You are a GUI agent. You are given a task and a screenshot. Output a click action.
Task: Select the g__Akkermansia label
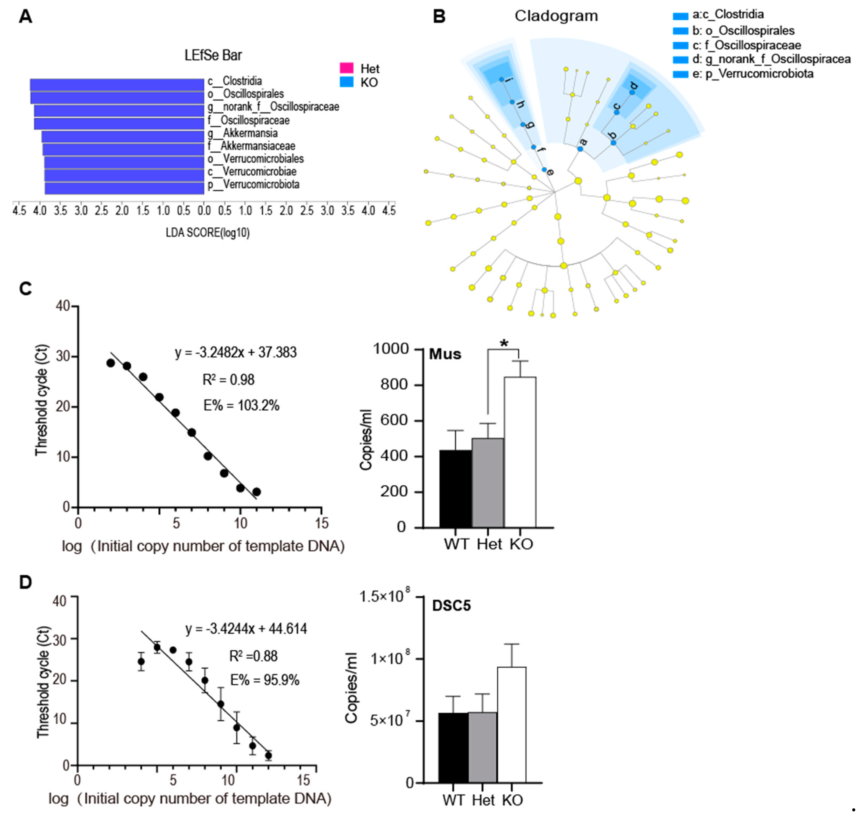pos(243,133)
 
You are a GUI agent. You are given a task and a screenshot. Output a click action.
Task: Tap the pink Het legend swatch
pos(346,68)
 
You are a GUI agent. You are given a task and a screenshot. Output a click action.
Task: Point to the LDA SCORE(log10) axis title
pos(207,233)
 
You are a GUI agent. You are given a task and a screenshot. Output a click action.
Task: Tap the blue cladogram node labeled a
pos(580,149)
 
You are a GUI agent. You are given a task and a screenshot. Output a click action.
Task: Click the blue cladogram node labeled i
pos(501,80)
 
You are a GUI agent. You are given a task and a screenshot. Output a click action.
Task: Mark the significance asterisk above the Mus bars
pos(504,344)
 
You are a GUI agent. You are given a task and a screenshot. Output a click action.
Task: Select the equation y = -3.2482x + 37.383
pos(236,352)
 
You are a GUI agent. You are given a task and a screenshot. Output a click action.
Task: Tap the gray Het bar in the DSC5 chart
pos(482,747)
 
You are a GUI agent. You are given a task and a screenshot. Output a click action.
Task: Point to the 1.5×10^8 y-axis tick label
pos(385,597)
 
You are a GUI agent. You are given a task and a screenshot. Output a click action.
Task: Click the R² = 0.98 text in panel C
pos(228,380)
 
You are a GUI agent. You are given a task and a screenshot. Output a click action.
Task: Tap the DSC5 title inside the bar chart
pos(451,606)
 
